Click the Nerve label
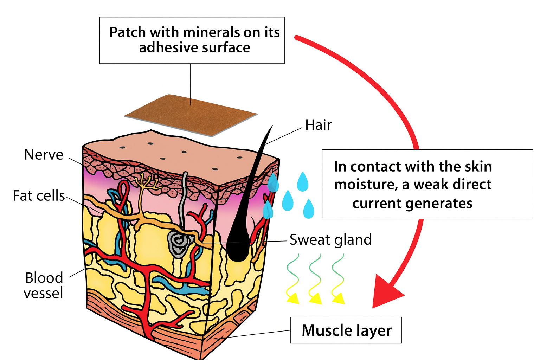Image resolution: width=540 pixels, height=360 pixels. [x=44, y=155]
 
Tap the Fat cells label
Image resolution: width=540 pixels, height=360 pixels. [x=39, y=196]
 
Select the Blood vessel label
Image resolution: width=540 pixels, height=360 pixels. [x=44, y=285]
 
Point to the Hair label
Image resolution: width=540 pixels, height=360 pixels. [x=318, y=125]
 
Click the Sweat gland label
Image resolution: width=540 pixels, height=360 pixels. [x=330, y=240]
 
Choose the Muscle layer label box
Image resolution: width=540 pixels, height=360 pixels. [x=346, y=330]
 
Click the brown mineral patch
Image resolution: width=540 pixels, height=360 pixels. [x=191, y=115]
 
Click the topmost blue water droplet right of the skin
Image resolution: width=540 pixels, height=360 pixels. [x=303, y=181]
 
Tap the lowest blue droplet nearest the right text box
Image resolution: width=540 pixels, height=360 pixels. [x=308, y=209]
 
